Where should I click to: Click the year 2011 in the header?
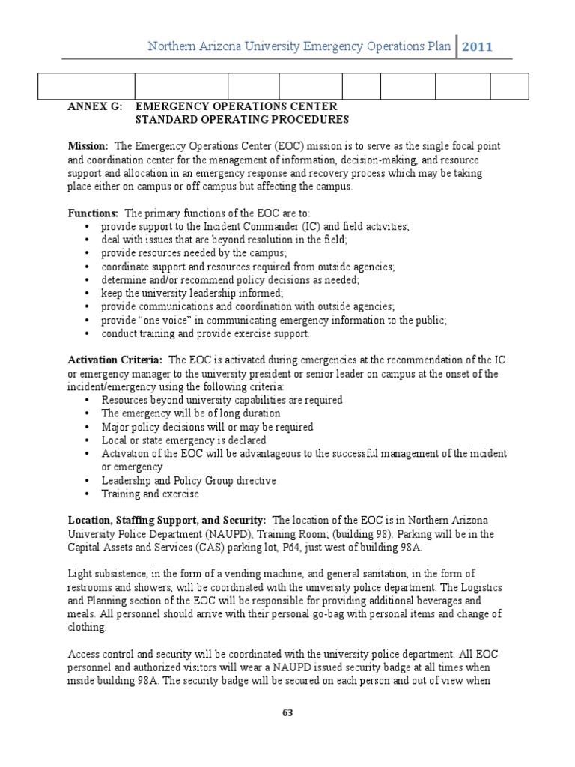tap(477, 47)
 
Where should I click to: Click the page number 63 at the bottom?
tap(287, 712)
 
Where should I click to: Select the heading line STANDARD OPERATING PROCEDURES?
tap(242, 120)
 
